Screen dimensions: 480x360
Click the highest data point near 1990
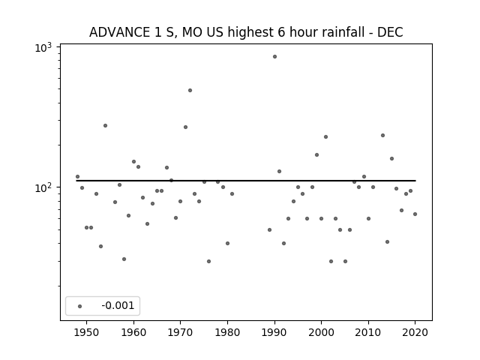click(275, 57)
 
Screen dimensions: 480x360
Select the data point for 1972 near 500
click(190, 90)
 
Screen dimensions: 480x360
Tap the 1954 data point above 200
click(105, 125)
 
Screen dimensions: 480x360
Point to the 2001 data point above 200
click(325, 136)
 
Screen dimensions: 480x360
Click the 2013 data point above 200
click(382, 135)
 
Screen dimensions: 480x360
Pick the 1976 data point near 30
click(208, 262)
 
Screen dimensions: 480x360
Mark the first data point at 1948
click(77, 177)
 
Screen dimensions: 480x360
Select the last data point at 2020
click(415, 214)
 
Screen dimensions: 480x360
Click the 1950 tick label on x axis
click(87, 332)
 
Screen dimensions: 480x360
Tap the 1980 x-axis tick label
click(227, 332)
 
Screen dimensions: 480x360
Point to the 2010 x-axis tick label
click(368, 332)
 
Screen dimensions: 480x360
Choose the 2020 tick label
click(415, 332)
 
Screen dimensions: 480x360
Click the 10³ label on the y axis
click(43, 48)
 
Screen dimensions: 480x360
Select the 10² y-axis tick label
click(43, 188)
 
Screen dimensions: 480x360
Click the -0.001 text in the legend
click(118, 305)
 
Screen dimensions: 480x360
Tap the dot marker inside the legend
click(80, 306)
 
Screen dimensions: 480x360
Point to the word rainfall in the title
click(343, 32)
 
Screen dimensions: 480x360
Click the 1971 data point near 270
click(185, 127)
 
